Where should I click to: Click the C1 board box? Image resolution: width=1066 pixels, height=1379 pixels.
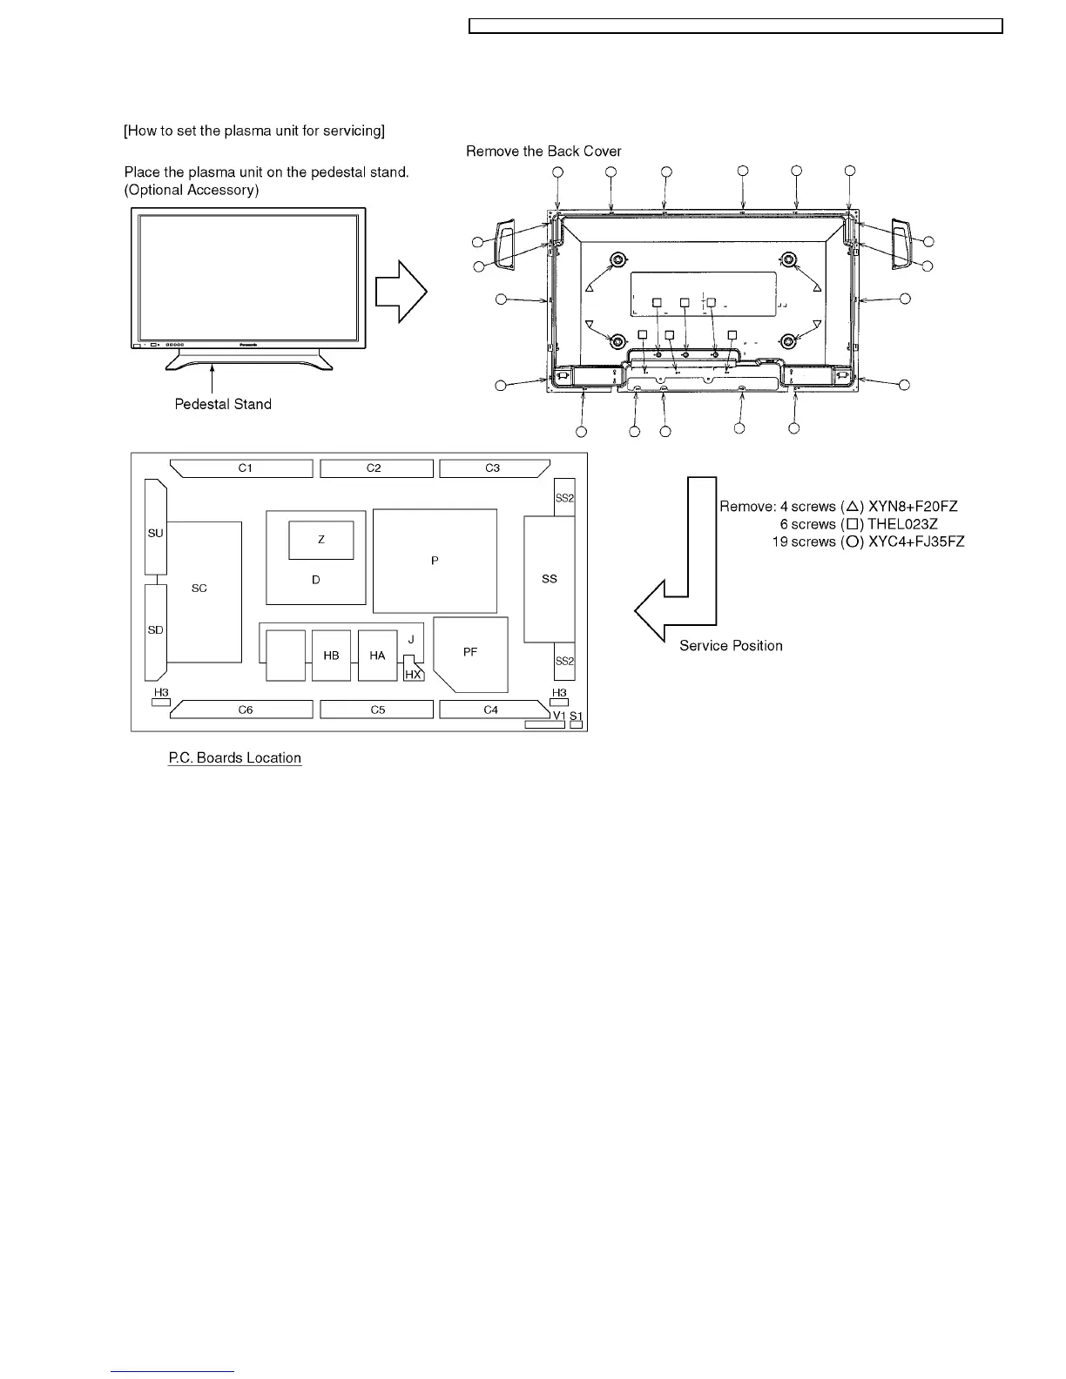tap(245, 468)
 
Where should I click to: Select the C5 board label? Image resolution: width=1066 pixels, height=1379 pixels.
tap(377, 710)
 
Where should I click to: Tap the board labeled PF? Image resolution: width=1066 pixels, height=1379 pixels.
tap(470, 652)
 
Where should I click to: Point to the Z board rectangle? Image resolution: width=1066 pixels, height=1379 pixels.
tap(321, 540)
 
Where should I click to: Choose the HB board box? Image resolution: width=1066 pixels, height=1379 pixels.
tap(331, 656)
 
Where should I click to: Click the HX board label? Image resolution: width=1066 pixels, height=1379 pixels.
tap(414, 675)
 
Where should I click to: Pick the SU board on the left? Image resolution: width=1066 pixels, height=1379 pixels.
tap(155, 533)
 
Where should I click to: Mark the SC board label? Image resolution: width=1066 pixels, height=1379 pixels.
tap(199, 589)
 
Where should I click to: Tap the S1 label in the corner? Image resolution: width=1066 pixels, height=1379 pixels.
tap(576, 716)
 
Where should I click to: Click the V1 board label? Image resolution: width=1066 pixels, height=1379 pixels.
tap(559, 716)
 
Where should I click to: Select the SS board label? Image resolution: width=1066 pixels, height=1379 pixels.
tap(549, 579)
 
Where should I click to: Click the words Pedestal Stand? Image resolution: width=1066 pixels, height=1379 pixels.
tap(223, 404)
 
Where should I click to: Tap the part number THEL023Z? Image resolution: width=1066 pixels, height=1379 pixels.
tap(903, 524)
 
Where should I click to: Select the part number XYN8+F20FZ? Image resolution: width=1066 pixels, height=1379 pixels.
tap(914, 507)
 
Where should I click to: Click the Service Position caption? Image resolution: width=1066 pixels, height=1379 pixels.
tap(731, 645)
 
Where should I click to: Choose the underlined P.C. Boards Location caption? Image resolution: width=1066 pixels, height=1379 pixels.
tap(234, 757)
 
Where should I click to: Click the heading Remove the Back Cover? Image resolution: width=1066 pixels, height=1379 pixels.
tap(543, 151)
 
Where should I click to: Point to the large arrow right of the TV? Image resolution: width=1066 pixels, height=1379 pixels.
tap(401, 293)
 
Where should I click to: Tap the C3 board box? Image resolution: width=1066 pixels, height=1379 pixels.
tap(493, 468)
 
